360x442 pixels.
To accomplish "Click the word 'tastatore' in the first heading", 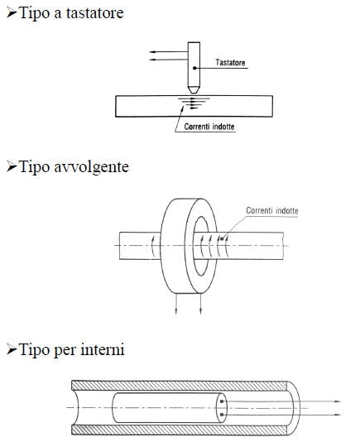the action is coord(94,13).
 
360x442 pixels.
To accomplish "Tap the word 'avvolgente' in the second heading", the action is coord(91,167).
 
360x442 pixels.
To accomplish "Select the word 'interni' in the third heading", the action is coord(103,349).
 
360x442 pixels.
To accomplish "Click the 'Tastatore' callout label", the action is coord(230,62).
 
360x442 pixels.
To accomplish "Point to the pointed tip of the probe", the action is coord(194,93).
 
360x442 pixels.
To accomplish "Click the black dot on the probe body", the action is coord(194,68).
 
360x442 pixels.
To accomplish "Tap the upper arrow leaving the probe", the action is coord(169,52).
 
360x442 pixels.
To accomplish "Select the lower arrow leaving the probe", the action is coord(169,60).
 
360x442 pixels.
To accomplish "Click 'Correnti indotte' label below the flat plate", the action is coord(209,127).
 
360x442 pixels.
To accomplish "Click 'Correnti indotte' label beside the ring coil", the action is coord(272,210).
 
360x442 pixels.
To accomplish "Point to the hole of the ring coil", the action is coord(201,246).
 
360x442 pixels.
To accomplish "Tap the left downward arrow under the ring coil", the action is coord(176,304).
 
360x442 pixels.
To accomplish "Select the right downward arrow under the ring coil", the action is coord(200,304).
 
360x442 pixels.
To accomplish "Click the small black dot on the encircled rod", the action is coord(222,239).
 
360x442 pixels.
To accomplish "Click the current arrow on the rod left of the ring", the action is coord(152,247).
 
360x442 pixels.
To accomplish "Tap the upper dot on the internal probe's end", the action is coord(222,401).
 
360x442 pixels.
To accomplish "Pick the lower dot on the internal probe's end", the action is coord(222,415).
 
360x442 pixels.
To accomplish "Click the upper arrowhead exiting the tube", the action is coord(338,401).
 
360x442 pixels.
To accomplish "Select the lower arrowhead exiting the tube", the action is coord(338,415).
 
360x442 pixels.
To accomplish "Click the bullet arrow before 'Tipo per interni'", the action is coord(12,350).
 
